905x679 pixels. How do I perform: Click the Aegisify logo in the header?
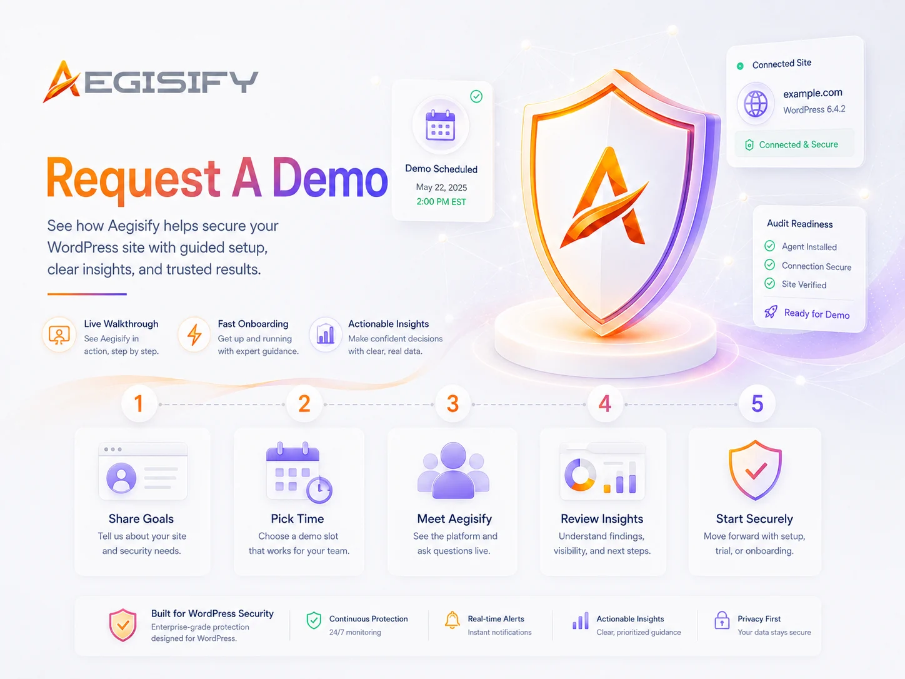tap(151, 81)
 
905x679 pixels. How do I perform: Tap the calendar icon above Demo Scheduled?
tap(441, 125)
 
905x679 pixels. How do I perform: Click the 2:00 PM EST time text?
tap(441, 201)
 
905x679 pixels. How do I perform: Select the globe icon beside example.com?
tap(756, 104)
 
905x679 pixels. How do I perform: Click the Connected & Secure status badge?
tap(794, 144)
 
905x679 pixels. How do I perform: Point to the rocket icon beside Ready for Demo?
tap(771, 312)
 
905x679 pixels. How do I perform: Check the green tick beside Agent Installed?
tap(769, 246)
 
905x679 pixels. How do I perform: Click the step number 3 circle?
tap(452, 404)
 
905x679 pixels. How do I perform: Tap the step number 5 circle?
tap(757, 404)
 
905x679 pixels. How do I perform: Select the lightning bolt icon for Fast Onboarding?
tap(194, 334)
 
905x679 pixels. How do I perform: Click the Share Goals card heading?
tap(141, 519)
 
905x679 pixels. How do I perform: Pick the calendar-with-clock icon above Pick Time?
tap(299, 473)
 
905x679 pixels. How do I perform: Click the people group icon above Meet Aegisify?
tap(453, 470)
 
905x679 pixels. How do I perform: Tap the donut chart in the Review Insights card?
tap(580, 475)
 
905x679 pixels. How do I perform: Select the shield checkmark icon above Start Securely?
tap(755, 470)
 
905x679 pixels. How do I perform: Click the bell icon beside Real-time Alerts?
tap(452, 620)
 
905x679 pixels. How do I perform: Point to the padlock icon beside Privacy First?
tap(721, 620)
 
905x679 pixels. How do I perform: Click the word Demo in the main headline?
tap(330, 178)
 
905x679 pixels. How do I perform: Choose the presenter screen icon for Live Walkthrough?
tap(59, 335)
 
